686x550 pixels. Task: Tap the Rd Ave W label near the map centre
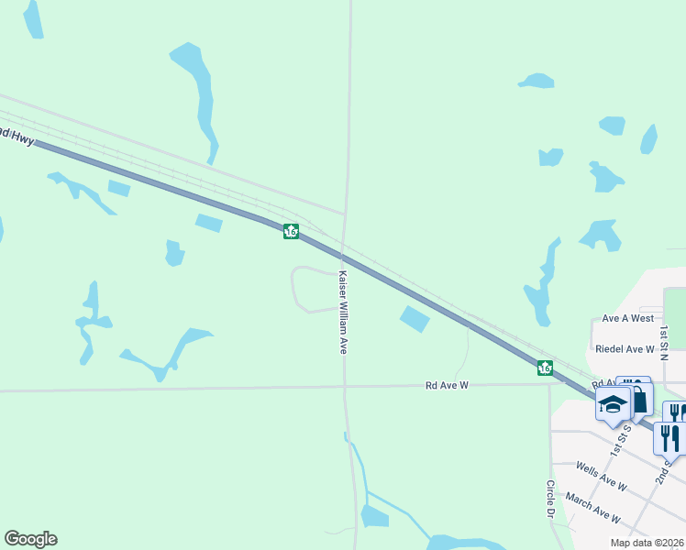[x=447, y=386]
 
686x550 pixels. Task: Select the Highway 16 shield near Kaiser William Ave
[x=291, y=232]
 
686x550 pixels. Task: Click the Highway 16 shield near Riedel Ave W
[x=545, y=368]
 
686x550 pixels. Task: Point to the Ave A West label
[x=628, y=318]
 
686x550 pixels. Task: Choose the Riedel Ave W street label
[x=625, y=349]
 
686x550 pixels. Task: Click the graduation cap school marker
[x=611, y=404]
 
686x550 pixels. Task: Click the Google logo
[x=30, y=539]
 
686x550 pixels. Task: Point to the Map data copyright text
[x=647, y=543]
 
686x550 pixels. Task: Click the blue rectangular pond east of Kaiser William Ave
[x=415, y=319]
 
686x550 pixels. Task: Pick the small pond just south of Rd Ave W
[x=374, y=516]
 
